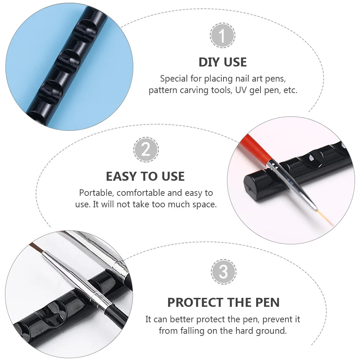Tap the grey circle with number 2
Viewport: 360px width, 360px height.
(146, 149)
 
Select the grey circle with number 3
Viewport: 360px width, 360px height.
(223, 272)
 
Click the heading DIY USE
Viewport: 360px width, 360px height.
(222, 62)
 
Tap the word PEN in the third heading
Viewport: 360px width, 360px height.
(266, 303)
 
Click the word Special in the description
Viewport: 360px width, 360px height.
(174, 78)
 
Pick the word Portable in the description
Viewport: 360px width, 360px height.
(95, 193)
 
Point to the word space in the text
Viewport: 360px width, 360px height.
(205, 204)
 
